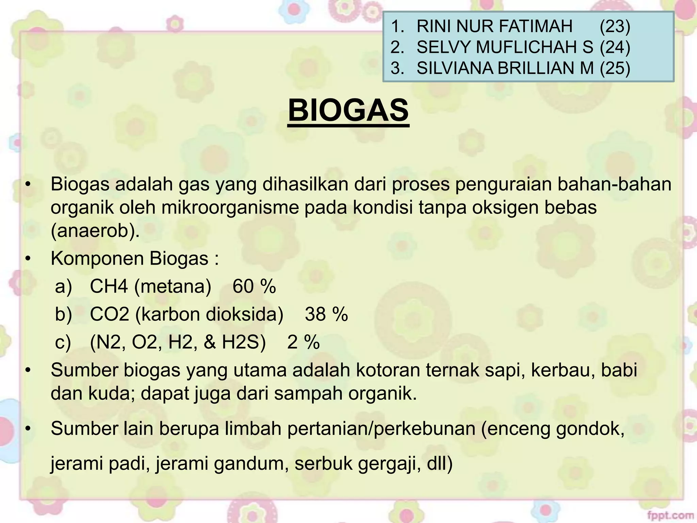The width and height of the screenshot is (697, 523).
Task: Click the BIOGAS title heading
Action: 348,110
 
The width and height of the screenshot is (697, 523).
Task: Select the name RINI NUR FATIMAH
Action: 495,26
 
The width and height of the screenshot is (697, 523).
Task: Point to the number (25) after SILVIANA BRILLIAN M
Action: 615,68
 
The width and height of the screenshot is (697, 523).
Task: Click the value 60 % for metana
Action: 254,286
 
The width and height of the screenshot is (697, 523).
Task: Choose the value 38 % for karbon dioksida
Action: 326,314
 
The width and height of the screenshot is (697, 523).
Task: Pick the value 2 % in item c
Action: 303,342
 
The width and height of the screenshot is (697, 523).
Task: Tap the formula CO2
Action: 109,314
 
